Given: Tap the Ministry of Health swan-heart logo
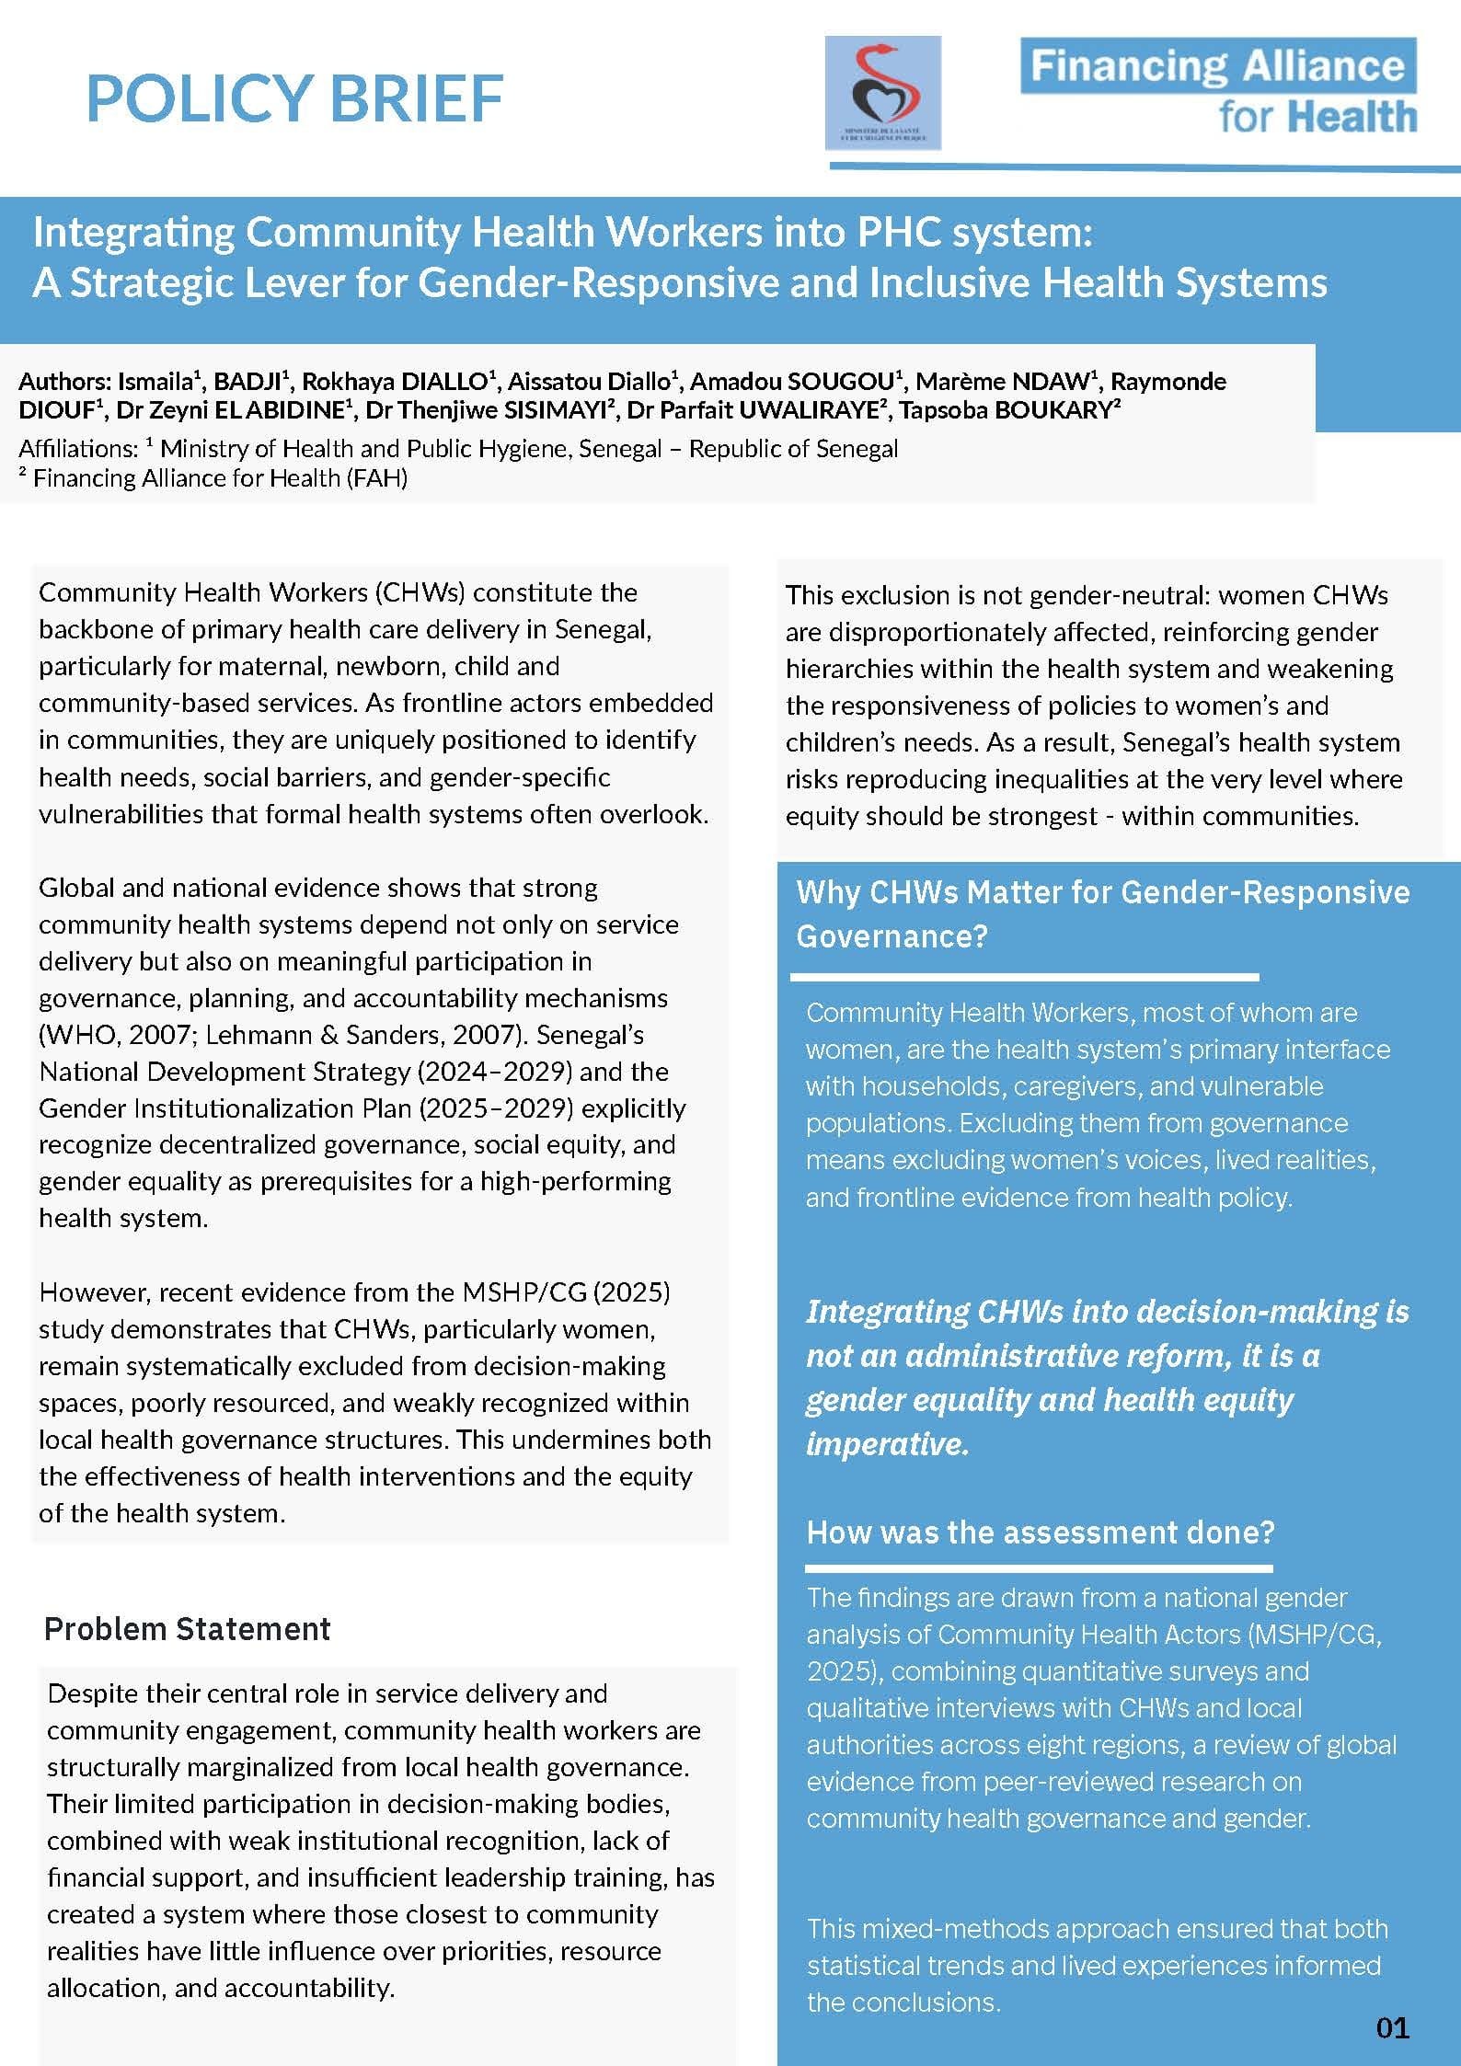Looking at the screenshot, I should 882,92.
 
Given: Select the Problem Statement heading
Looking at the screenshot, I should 187,1628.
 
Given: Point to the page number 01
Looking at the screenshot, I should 1393,2027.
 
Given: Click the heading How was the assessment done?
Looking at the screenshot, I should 1040,1532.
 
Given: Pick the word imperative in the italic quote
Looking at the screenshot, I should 887,1444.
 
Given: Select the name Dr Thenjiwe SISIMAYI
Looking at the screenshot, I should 489,410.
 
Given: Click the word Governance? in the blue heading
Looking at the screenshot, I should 892,936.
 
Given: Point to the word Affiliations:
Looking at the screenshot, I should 78,449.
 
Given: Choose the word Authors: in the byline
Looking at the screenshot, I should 64,382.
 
